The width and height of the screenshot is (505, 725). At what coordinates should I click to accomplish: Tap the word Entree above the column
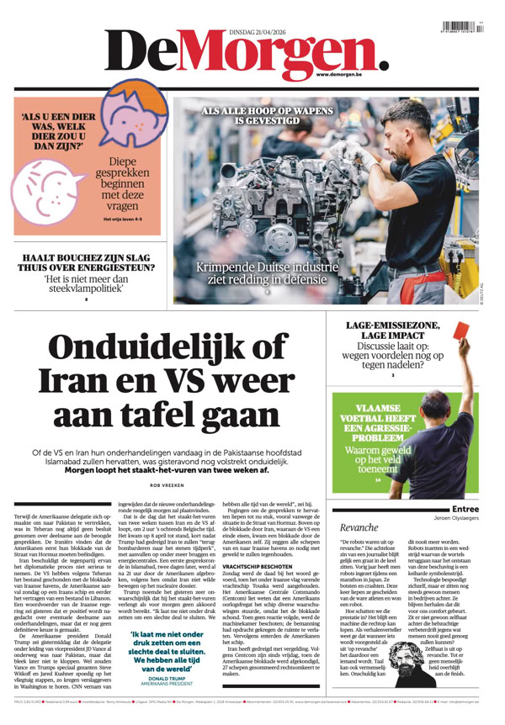click(x=465, y=508)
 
